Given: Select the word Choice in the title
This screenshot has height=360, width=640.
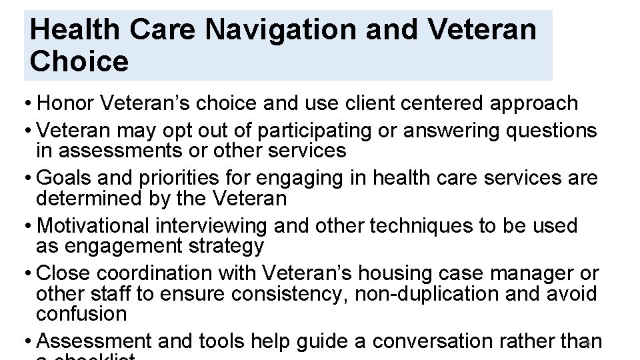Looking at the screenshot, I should [x=79, y=61].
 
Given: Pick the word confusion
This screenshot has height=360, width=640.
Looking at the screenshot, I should [x=81, y=313].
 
